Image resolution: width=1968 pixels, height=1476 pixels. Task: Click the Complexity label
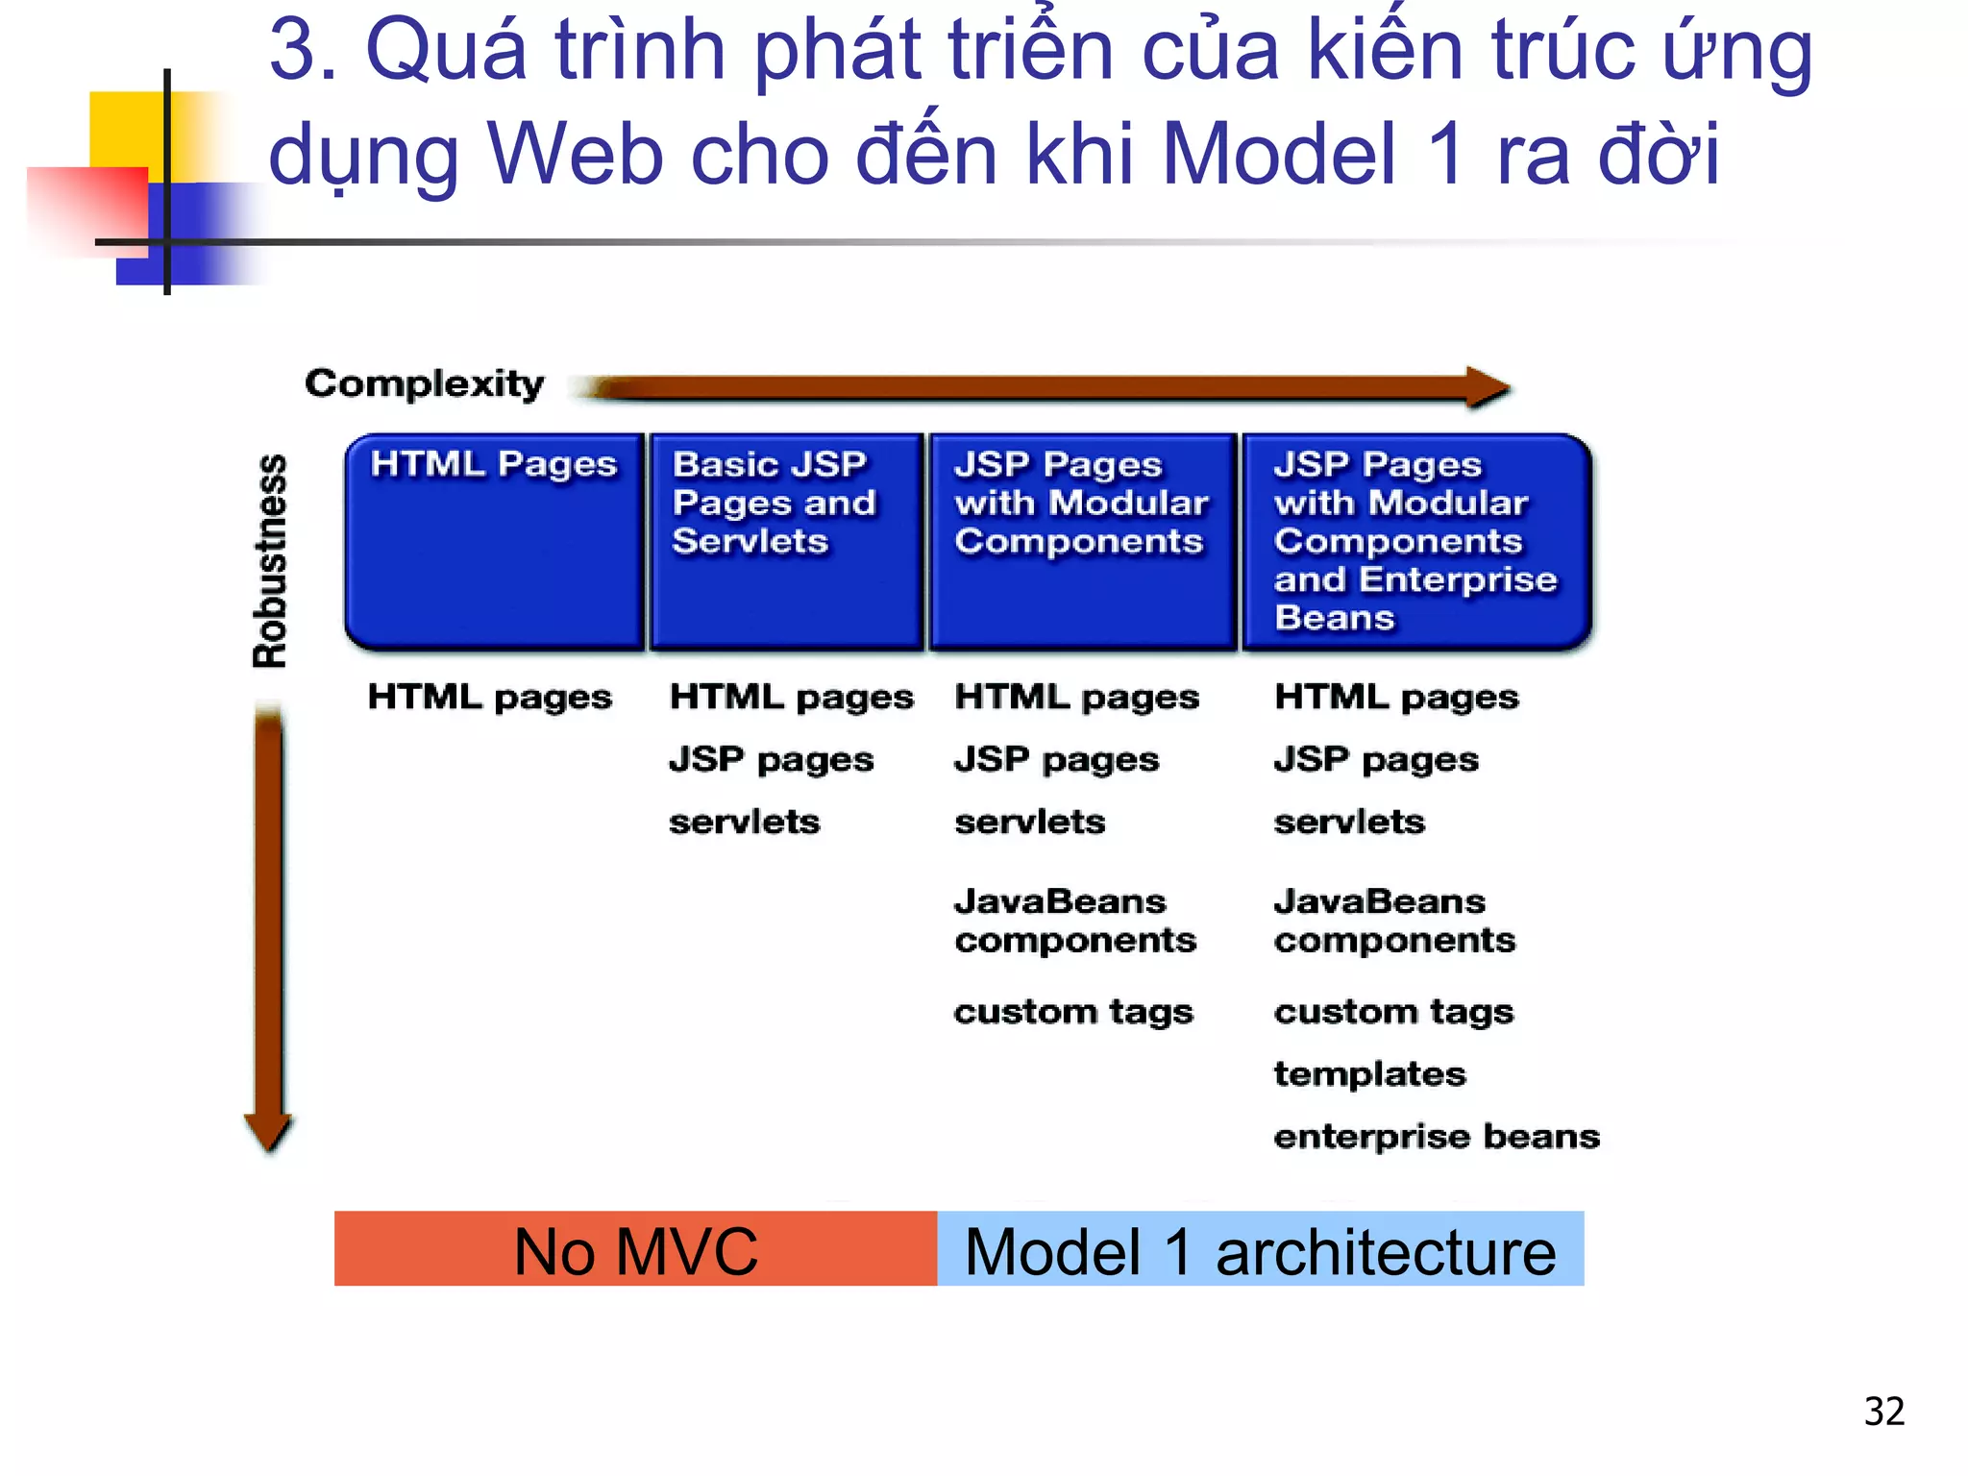pyautogui.click(x=424, y=383)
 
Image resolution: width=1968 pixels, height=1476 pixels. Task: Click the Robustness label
pyautogui.click(x=270, y=561)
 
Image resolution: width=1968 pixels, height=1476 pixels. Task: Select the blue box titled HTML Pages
pyautogui.click(x=494, y=542)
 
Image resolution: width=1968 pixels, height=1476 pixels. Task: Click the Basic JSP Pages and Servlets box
pyautogui.click(x=786, y=542)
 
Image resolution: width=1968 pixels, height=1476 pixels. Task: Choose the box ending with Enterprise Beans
pyautogui.click(x=1416, y=542)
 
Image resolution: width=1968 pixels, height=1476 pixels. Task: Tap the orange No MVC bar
pyautogui.click(x=635, y=1249)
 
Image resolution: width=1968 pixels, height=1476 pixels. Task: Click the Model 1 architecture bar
pyautogui.click(x=1260, y=1249)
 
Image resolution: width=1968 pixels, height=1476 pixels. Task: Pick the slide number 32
pyautogui.click(x=1883, y=1411)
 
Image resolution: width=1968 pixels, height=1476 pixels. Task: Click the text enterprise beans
pyautogui.click(x=1436, y=1136)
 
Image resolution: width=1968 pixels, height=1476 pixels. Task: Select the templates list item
pyautogui.click(x=1369, y=1073)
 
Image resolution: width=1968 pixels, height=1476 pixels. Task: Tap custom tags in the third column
pyautogui.click(x=1073, y=1012)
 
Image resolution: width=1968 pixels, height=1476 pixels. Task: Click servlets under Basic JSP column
pyautogui.click(x=745, y=822)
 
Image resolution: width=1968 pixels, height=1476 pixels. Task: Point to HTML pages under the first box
pyautogui.click(x=489, y=697)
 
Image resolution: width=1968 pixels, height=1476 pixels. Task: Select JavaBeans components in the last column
pyautogui.click(x=1393, y=921)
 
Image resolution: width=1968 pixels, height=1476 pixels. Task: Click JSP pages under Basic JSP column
pyautogui.click(x=771, y=759)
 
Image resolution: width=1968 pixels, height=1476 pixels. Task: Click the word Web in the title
pyautogui.click(x=575, y=154)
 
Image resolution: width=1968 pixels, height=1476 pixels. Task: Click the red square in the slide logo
pyautogui.click(x=86, y=207)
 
